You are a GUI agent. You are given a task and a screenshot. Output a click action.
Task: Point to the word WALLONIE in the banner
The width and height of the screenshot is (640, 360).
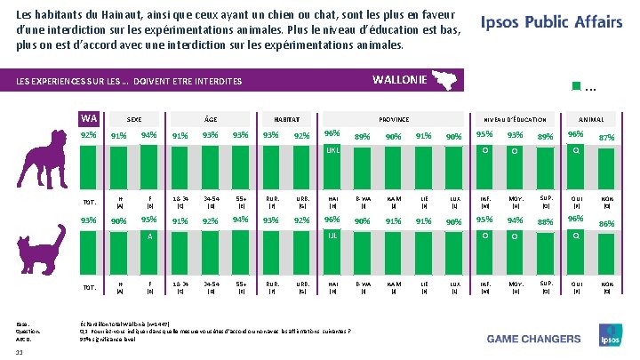coord(398,79)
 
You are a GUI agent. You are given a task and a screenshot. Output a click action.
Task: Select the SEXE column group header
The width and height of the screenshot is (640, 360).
coord(134,119)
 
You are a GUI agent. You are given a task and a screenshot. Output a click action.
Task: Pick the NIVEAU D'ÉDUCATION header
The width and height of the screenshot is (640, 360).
coord(515,119)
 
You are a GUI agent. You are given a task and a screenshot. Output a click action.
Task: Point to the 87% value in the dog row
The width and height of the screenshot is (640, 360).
coord(607,137)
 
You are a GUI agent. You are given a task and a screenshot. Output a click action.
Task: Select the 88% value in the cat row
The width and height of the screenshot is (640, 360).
coord(544,221)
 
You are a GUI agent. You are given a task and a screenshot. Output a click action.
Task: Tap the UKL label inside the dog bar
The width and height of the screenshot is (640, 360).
coord(332,151)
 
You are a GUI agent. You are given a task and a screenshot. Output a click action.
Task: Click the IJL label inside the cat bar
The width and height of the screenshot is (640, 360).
coord(332,236)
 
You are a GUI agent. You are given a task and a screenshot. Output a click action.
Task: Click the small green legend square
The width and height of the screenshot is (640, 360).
coord(575,86)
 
